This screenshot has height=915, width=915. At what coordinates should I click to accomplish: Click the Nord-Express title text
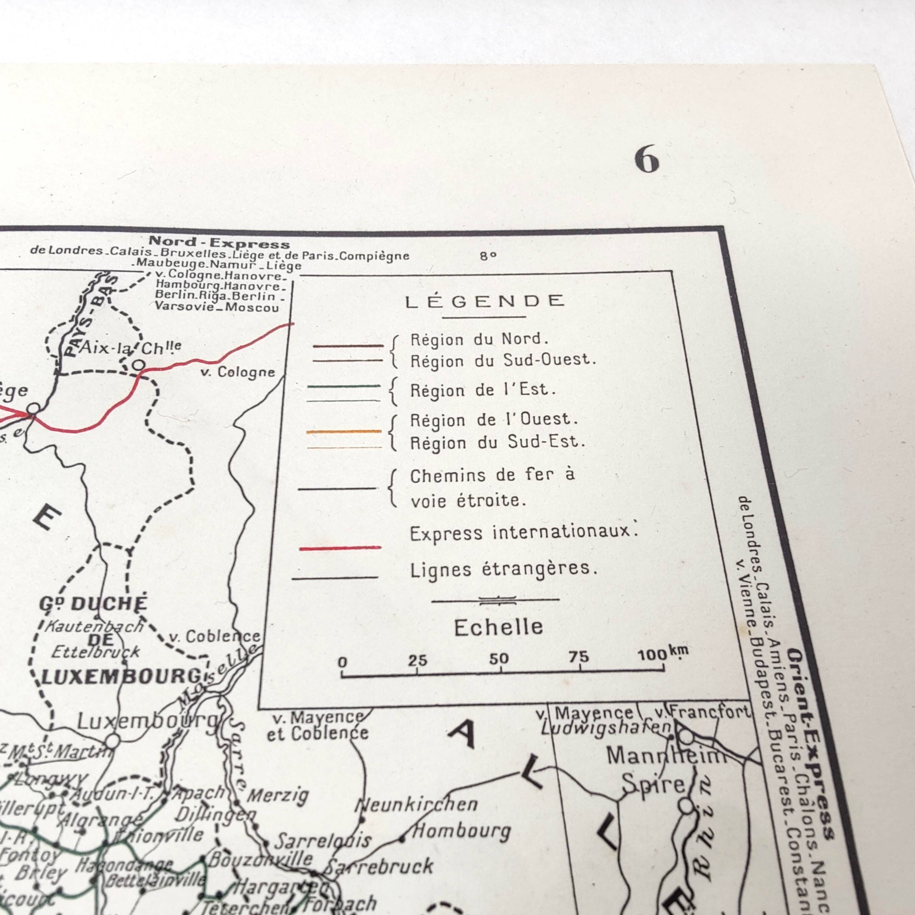[219, 243]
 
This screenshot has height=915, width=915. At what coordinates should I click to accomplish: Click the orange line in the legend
[344, 432]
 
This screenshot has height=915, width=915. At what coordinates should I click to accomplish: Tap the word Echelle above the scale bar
[498, 628]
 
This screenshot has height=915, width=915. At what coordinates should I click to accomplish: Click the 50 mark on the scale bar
[499, 659]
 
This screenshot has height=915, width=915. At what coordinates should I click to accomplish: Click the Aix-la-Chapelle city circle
[138, 365]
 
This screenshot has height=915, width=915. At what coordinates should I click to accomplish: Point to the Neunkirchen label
[417, 804]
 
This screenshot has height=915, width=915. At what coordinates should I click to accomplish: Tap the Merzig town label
[278, 795]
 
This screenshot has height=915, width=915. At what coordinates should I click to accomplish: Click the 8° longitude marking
[488, 256]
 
